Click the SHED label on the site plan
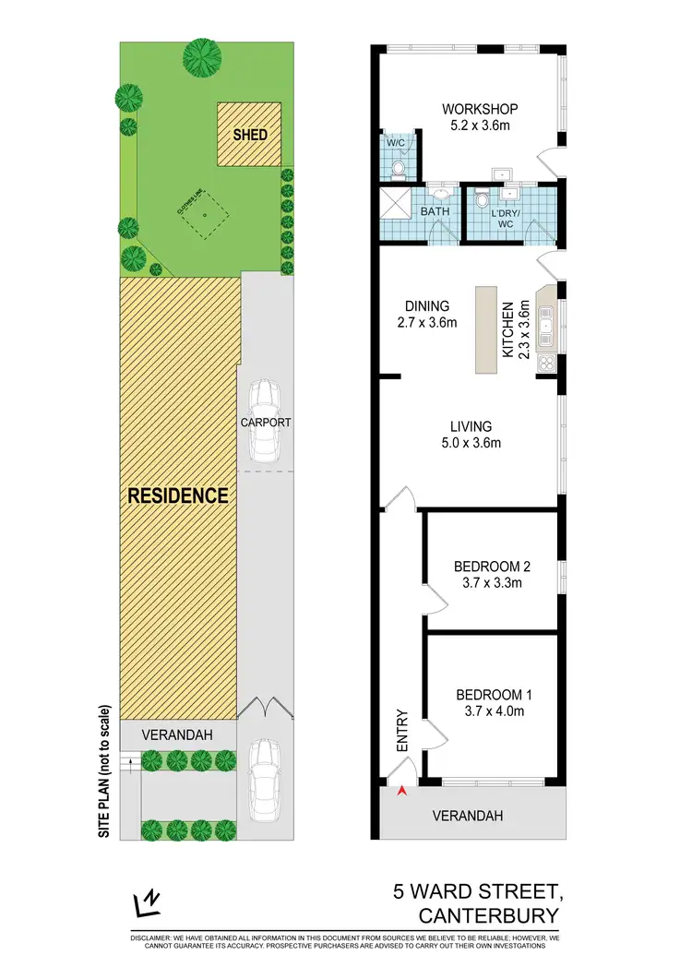coord(250,135)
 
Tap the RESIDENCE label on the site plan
coord(178,495)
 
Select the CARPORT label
coord(266,423)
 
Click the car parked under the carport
coord(266,420)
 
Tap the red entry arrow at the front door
coord(400,791)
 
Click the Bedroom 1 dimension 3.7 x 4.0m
coord(492,711)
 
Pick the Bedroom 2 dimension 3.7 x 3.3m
coord(492,583)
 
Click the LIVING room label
coord(471,426)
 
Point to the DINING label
coord(425,306)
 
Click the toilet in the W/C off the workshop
coord(398,168)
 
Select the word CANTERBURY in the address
coord(489,916)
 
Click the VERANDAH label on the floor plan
coord(471,816)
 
